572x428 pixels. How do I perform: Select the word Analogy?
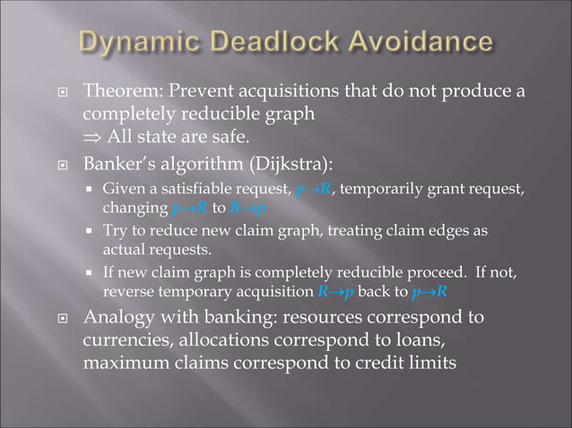pos(116,318)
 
